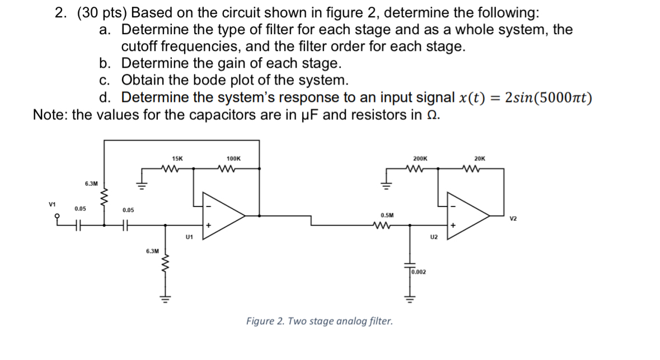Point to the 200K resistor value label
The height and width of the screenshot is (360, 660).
(420, 159)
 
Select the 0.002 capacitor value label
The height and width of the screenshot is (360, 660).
(419, 272)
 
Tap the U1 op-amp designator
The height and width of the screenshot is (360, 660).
(189, 237)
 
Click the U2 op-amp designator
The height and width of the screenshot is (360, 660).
(433, 237)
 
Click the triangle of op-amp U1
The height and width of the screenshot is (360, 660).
(221, 215)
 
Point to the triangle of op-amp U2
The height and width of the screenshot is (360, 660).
(466, 215)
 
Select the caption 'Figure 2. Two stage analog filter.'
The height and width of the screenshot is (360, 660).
(319, 321)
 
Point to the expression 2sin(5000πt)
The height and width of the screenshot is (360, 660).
(548, 98)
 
